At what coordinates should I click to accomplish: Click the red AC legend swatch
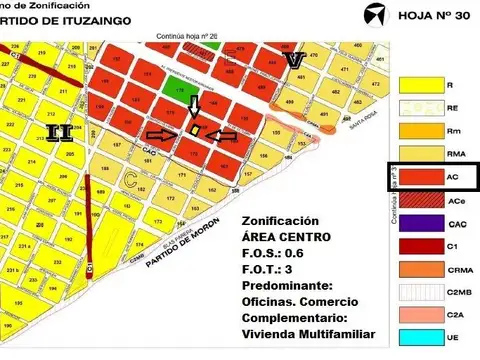[x=418, y=174]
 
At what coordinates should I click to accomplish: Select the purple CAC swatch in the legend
[x=418, y=222]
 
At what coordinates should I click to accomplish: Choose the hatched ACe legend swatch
[x=418, y=198]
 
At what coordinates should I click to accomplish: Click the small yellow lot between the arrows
[x=195, y=131]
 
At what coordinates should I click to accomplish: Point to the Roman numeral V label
[x=292, y=62]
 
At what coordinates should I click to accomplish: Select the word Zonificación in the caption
[x=281, y=220]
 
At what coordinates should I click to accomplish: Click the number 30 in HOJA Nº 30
[x=456, y=16]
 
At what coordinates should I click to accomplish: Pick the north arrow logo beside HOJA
[x=369, y=16]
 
